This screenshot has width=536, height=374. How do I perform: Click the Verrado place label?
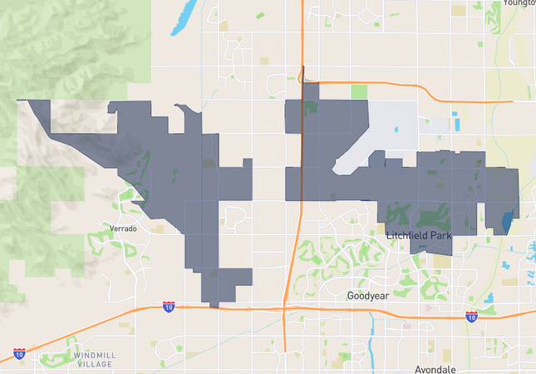(122, 228)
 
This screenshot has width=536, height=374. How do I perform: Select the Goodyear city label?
(367, 295)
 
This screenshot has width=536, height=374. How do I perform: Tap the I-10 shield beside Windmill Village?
(19, 353)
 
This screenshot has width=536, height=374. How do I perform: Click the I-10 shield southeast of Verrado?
(169, 307)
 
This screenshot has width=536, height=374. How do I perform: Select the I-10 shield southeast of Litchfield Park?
(471, 316)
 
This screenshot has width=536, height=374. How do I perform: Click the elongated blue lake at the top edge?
(183, 18)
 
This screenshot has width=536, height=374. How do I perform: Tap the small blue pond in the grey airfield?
(396, 129)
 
